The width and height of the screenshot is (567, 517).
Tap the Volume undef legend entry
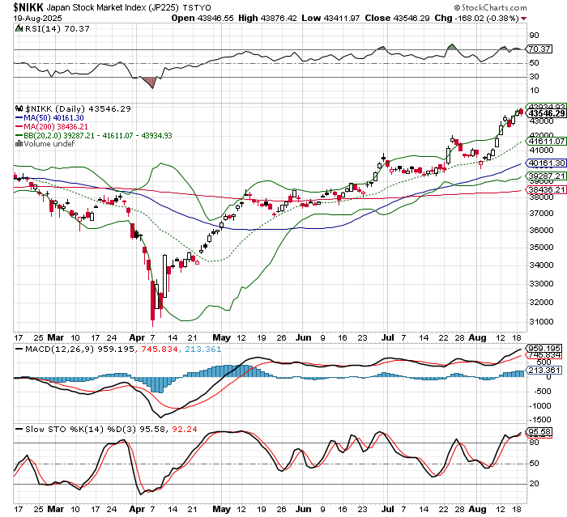[x=45, y=144]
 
